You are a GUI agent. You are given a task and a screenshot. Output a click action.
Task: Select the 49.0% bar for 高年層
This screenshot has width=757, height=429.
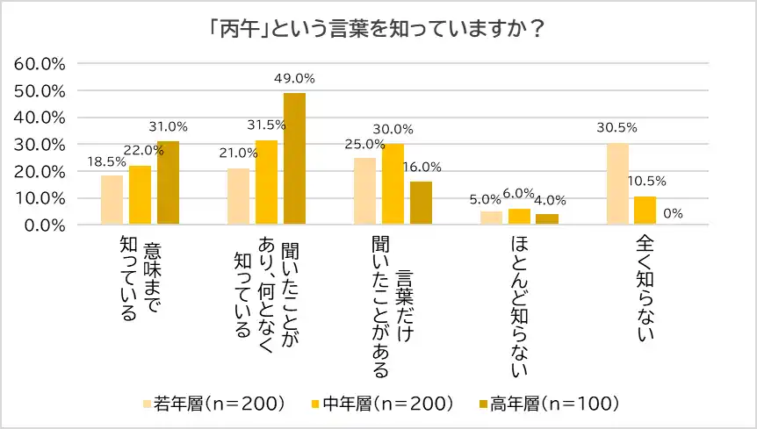click(x=294, y=159)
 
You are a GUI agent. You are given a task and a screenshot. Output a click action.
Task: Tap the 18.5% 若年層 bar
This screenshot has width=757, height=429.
click(x=112, y=200)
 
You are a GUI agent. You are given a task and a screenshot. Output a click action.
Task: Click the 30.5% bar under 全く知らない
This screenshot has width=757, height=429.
click(x=617, y=183)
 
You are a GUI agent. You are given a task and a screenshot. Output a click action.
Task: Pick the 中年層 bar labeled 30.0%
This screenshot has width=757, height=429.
click(x=393, y=184)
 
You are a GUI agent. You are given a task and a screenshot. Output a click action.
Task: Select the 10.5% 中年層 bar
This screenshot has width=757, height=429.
click(x=645, y=211)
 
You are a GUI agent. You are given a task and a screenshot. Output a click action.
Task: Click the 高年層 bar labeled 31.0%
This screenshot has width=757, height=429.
click(x=168, y=182)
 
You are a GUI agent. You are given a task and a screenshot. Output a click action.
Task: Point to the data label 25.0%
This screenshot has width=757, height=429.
click(x=364, y=145)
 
